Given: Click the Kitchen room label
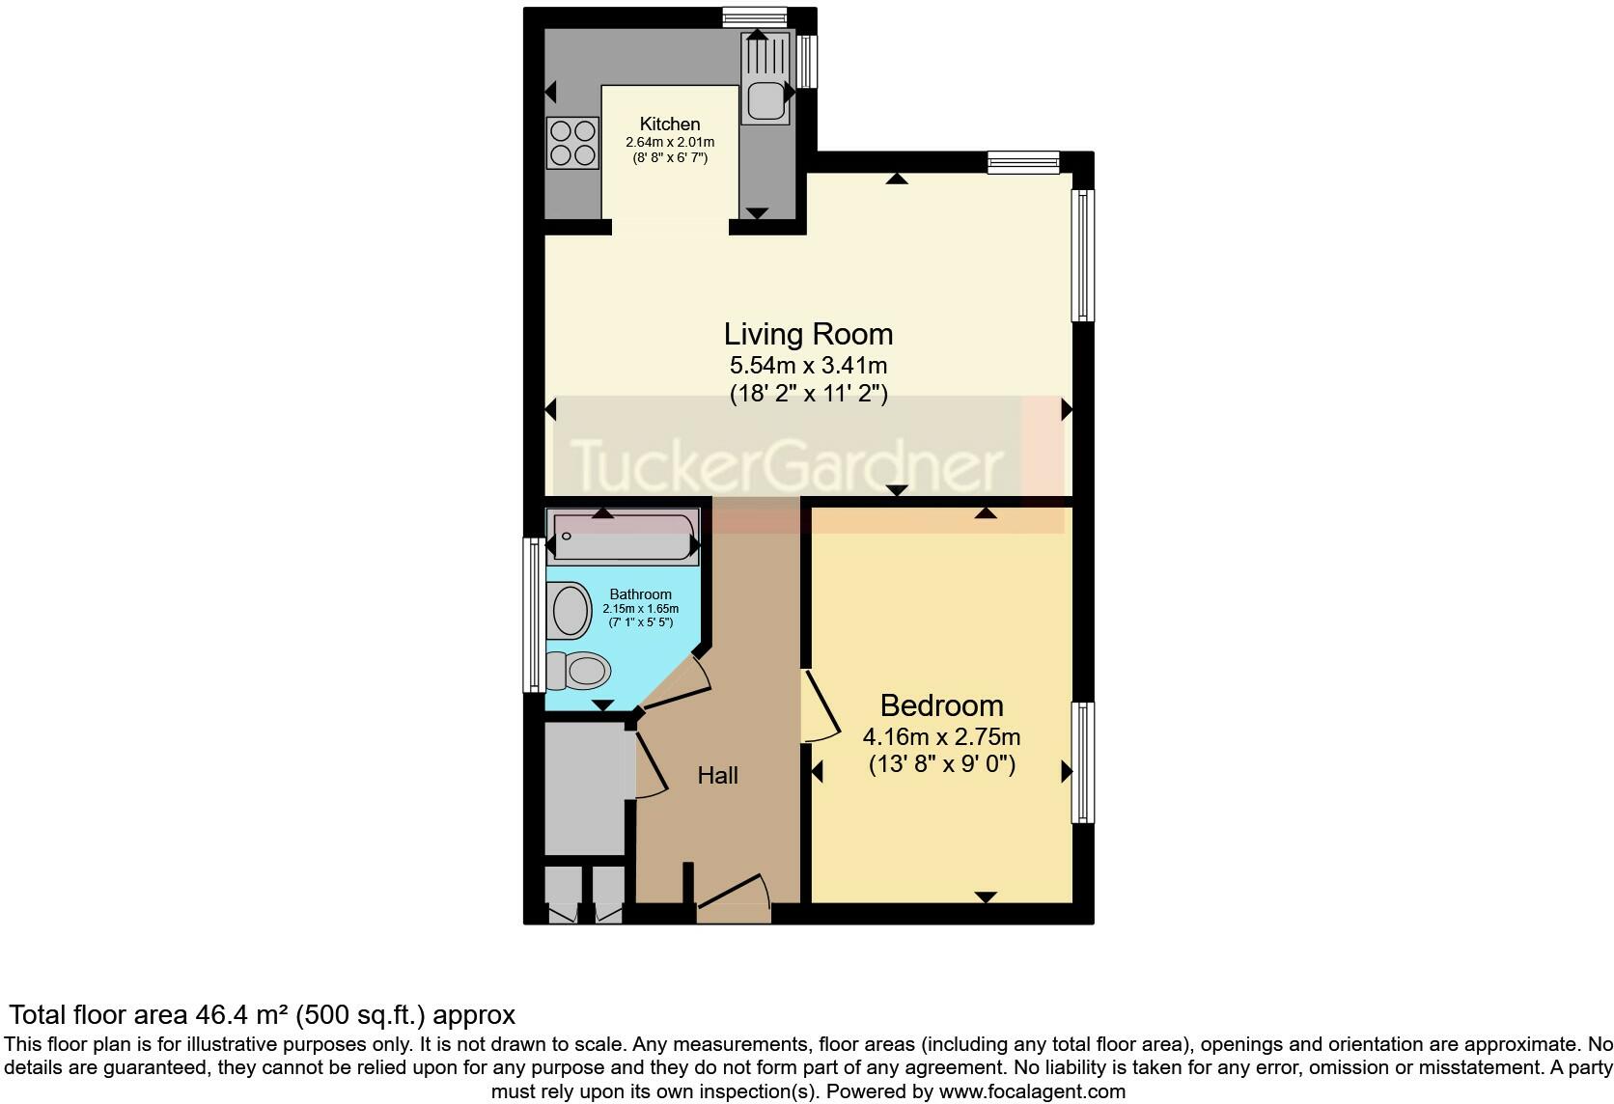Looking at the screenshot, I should pyautogui.click(x=670, y=124).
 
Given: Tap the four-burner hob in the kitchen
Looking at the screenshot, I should pyautogui.click(x=570, y=142).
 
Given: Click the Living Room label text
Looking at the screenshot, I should pyautogui.click(x=808, y=334).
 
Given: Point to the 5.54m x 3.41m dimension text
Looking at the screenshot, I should pyautogui.click(x=808, y=366).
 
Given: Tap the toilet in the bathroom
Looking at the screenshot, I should pyautogui.click(x=579, y=670).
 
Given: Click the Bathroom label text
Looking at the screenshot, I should pyautogui.click(x=640, y=594).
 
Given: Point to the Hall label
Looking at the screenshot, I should pyautogui.click(x=717, y=775).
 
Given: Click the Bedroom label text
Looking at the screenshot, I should pyautogui.click(x=941, y=705).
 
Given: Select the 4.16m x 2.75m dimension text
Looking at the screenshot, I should pyautogui.click(x=941, y=737).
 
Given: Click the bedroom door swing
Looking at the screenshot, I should pyautogui.click(x=821, y=707).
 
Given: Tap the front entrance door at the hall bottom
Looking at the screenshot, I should pyautogui.click(x=734, y=895).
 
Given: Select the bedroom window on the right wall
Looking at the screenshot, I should pyautogui.click(x=1084, y=762).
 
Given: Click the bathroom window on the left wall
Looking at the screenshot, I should pyautogui.click(x=533, y=615).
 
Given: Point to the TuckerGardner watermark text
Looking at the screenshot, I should pyautogui.click(x=787, y=466).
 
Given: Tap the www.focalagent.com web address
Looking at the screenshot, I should pyautogui.click(x=1031, y=1091).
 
